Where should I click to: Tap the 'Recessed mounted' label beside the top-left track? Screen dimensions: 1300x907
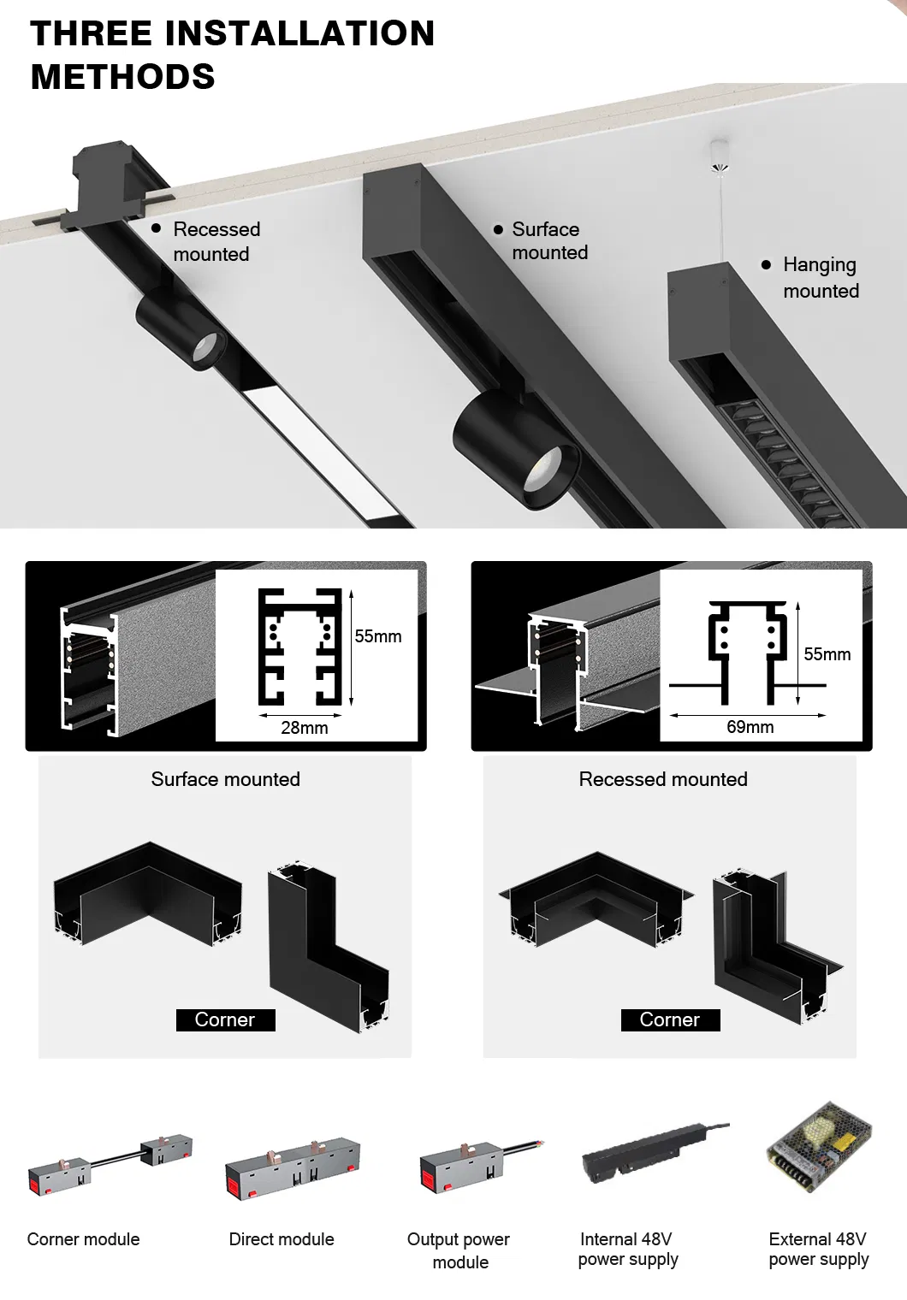[x=216, y=241]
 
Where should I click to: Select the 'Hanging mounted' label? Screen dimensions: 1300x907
[x=820, y=277]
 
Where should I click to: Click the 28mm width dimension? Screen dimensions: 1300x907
[x=305, y=728]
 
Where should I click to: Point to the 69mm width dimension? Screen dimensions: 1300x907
[x=750, y=727]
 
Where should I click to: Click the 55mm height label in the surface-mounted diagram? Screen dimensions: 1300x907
[x=377, y=636]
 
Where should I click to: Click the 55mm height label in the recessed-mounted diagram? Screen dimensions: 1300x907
[x=827, y=654]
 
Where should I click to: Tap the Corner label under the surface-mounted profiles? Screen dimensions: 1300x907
[x=225, y=1019]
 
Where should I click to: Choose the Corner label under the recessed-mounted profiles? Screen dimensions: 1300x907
[x=670, y=1019]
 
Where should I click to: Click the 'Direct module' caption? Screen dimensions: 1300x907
[x=282, y=1239]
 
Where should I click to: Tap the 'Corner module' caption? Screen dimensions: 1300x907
[x=83, y=1239]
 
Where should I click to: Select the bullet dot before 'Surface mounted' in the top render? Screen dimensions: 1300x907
[x=498, y=229]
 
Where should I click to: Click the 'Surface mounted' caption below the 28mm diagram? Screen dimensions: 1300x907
[x=225, y=779]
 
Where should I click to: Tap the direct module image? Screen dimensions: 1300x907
[x=292, y=1168]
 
